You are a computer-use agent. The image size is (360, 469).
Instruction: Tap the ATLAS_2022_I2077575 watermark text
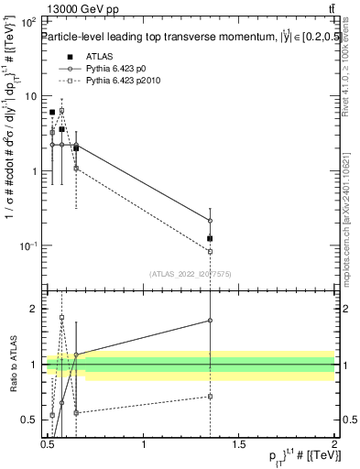click(191, 273)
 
